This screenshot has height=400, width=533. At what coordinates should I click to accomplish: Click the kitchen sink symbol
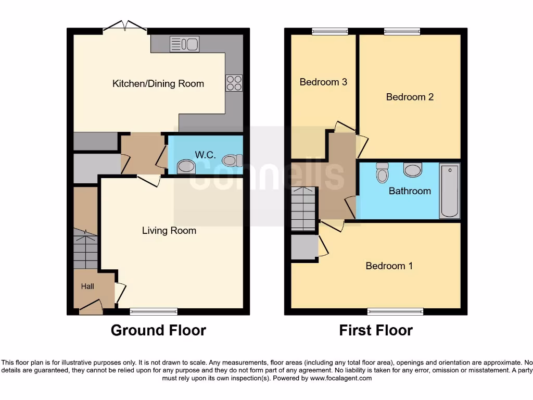click(x=184, y=44)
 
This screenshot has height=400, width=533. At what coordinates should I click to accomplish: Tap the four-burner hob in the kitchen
click(x=234, y=83)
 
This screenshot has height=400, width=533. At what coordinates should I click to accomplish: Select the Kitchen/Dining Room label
click(x=158, y=83)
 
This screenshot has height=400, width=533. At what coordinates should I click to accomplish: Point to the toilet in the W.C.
click(x=232, y=160)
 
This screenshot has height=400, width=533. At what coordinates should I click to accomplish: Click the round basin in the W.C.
click(x=186, y=167)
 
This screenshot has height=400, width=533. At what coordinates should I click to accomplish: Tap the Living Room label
click(x=169, y=230)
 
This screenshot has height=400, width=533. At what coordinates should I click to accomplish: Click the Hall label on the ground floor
click(x=87, y=286)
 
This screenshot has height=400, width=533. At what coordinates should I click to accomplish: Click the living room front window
click(x=154, y=311)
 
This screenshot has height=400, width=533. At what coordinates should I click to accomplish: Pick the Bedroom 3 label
click(x=323, y=82)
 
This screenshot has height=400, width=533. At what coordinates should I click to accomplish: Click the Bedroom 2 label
click(x=410, y=97)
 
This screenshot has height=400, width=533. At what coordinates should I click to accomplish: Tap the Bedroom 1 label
click(x=389, y=266)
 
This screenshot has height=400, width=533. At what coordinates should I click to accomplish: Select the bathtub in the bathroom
click(x=450, y=191)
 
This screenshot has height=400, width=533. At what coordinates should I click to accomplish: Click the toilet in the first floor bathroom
click(x=383, y=172)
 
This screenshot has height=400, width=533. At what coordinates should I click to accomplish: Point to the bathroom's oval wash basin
click(x=413, y=170)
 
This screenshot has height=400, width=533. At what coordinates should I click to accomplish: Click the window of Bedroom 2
click(x=402, y=31)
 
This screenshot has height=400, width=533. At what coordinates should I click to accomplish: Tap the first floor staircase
click(x=303, y=209)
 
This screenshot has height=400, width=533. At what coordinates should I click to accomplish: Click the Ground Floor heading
click(x=158, y=330)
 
